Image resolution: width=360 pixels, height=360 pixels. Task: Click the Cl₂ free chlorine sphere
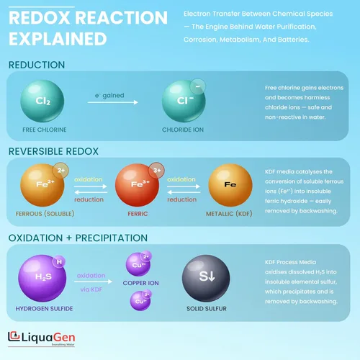(42, 101)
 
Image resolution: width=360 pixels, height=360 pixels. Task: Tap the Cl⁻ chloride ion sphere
(184, 101)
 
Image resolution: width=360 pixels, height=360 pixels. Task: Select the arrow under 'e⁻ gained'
(113, 102)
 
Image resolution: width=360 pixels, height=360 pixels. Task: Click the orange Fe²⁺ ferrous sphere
(42, 185)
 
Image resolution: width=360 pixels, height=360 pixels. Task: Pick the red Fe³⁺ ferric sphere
(137, 185)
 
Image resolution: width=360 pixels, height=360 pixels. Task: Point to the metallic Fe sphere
(230, 185)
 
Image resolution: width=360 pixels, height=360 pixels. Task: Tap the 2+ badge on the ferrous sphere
(61, 170)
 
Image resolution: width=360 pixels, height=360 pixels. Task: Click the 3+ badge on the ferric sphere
(156, 170)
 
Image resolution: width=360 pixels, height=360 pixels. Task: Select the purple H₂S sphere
(42, 278)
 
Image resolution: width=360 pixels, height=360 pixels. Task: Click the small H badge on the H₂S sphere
(59, 261)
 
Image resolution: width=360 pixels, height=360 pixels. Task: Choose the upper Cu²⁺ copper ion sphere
(138, 264)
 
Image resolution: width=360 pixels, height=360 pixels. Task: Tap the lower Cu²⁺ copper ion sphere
(140, 301)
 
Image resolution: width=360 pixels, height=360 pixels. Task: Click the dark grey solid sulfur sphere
(206, 278)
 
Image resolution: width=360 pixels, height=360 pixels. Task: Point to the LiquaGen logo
(42, 338)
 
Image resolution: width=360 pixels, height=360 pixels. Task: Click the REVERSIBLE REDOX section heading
(53, 151)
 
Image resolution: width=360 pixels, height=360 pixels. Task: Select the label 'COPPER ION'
(140, 283)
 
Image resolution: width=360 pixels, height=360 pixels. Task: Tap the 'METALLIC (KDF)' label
(229, 214)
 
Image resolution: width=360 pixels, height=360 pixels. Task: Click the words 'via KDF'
(91, 289)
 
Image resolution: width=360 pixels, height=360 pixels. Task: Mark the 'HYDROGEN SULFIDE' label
(44, 308)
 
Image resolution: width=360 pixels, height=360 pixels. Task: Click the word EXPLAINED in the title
(58, 39)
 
